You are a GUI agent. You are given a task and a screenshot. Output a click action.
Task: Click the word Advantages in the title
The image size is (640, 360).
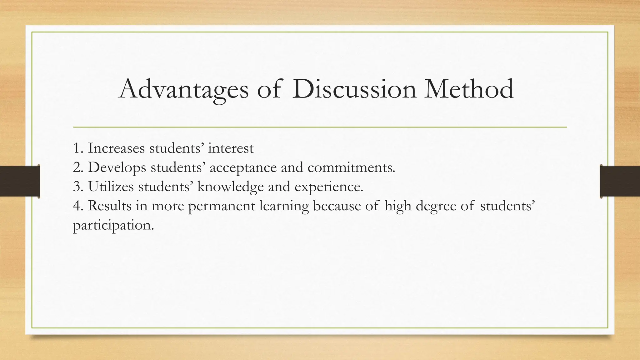183,90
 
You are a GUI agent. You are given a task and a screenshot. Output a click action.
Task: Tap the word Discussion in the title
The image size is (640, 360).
354,90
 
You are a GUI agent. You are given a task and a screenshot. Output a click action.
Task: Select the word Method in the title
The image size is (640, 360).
469,90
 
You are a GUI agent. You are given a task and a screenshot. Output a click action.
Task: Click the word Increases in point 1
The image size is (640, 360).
116,148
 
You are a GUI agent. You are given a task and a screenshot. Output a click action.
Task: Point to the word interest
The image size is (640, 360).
231,148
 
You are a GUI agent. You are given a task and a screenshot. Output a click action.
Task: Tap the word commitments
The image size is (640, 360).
351,167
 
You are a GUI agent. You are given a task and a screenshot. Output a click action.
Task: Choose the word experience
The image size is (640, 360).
329,187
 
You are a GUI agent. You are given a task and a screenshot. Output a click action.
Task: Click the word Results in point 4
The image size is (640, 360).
110,206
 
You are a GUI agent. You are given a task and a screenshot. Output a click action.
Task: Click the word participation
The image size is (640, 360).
113,225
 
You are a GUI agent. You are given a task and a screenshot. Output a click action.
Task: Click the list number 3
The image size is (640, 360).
77,187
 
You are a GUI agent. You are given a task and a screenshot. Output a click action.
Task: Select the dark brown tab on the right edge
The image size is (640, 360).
620,181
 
